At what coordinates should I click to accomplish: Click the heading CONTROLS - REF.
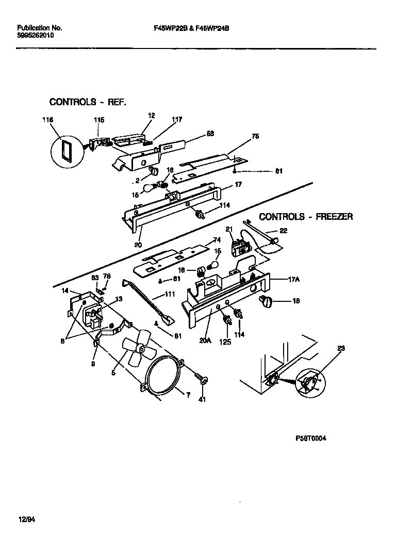point(87,102)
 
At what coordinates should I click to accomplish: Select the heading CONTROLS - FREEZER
point(306,217)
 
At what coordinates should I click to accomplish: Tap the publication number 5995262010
point(35,36)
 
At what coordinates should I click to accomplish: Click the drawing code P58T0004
point(311,439)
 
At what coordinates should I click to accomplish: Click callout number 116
point(47,120)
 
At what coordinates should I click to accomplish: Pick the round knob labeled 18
point(267,303)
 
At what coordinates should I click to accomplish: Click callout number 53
point(210,134)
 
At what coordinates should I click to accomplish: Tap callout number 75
point(255,137)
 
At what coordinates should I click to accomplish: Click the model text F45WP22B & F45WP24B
point(188,28)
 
